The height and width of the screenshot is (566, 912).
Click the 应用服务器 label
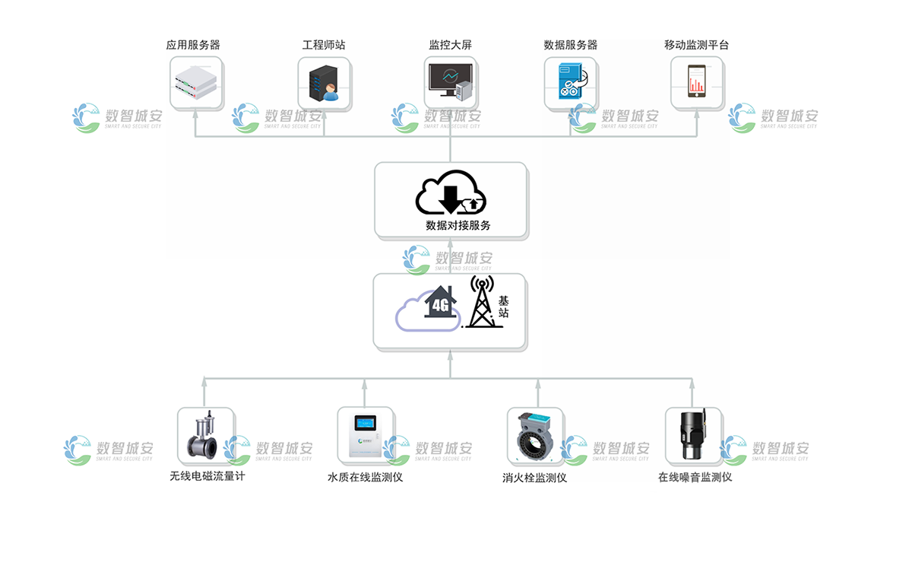(x=193, y=46)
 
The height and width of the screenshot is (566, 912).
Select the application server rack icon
(x=196, y=82)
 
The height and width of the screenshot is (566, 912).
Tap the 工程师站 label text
(x=323, y=46)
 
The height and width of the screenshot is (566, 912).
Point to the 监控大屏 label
(x=450, y=46)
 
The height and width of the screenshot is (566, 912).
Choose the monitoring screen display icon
(x=450, y=82)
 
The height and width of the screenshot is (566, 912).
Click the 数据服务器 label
(x=570, y=46)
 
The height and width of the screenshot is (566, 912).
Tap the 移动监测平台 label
(x=696, y=46)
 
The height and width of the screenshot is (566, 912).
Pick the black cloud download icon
(x=450, y=193)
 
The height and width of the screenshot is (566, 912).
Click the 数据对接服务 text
(x=458, y=225)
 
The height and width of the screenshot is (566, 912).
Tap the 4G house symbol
(x=440, y=304)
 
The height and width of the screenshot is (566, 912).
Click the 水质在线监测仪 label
(x=364, y=478)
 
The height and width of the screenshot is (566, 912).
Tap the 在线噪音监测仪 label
(x=695, y=478)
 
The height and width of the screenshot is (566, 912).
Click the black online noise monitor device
(x=692, y=435)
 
